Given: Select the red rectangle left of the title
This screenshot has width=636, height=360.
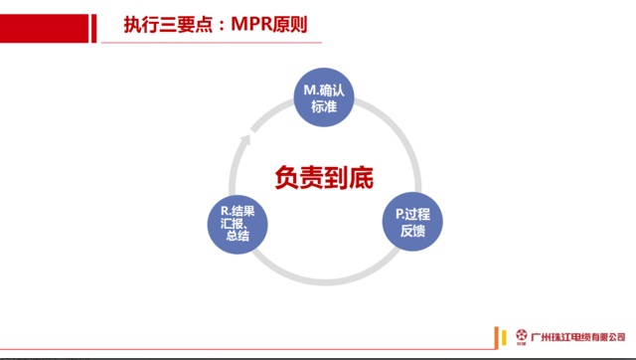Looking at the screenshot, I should pos(46,24).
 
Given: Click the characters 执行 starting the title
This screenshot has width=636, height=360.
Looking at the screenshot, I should pos(140,24).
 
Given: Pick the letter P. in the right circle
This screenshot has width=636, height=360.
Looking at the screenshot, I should pos(400,215).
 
